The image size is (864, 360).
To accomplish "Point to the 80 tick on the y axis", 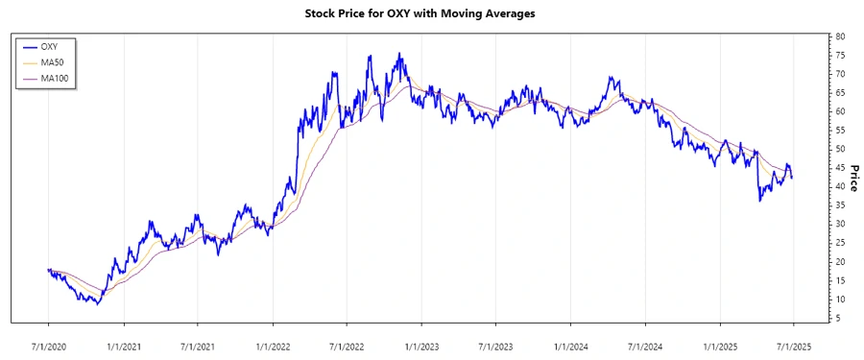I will [x=839, y=36].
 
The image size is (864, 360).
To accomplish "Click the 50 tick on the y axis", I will [x=839, y=149].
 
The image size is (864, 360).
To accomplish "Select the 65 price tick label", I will [x=839, y=92].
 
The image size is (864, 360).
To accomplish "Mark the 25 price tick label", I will [x=839, y=243].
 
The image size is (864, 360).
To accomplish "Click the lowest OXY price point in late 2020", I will [x=97, y=303].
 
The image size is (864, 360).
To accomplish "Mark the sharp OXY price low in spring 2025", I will [x=759, y=200].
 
